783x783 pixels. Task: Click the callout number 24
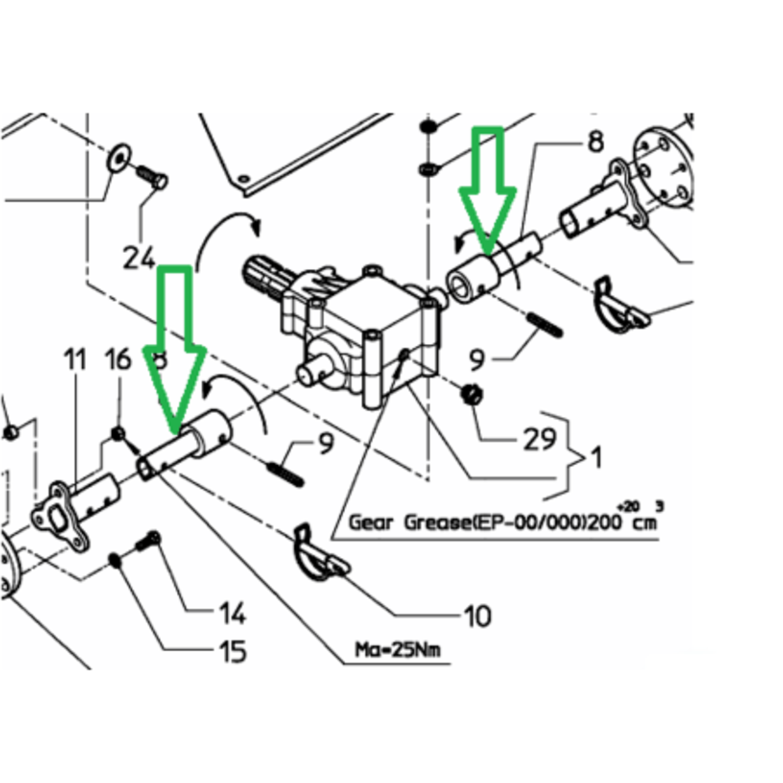(x=140, y=258)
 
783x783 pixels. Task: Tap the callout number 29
(x=540, y=439)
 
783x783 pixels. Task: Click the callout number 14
(x=233, y=613)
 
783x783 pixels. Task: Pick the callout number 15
(x=233, y=651)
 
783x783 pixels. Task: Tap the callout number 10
(x=478, y=617)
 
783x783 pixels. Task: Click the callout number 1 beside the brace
(x=594, y=457)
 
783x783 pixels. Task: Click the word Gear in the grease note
(x=371, y=522)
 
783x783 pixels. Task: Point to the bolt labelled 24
(x=153, y=178)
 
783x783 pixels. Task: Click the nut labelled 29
(x=472, y=393)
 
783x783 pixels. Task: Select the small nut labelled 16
(x=118, y=435)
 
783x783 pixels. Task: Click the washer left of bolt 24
(x=119, y=156)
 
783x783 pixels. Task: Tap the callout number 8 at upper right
(x=596, y=142)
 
